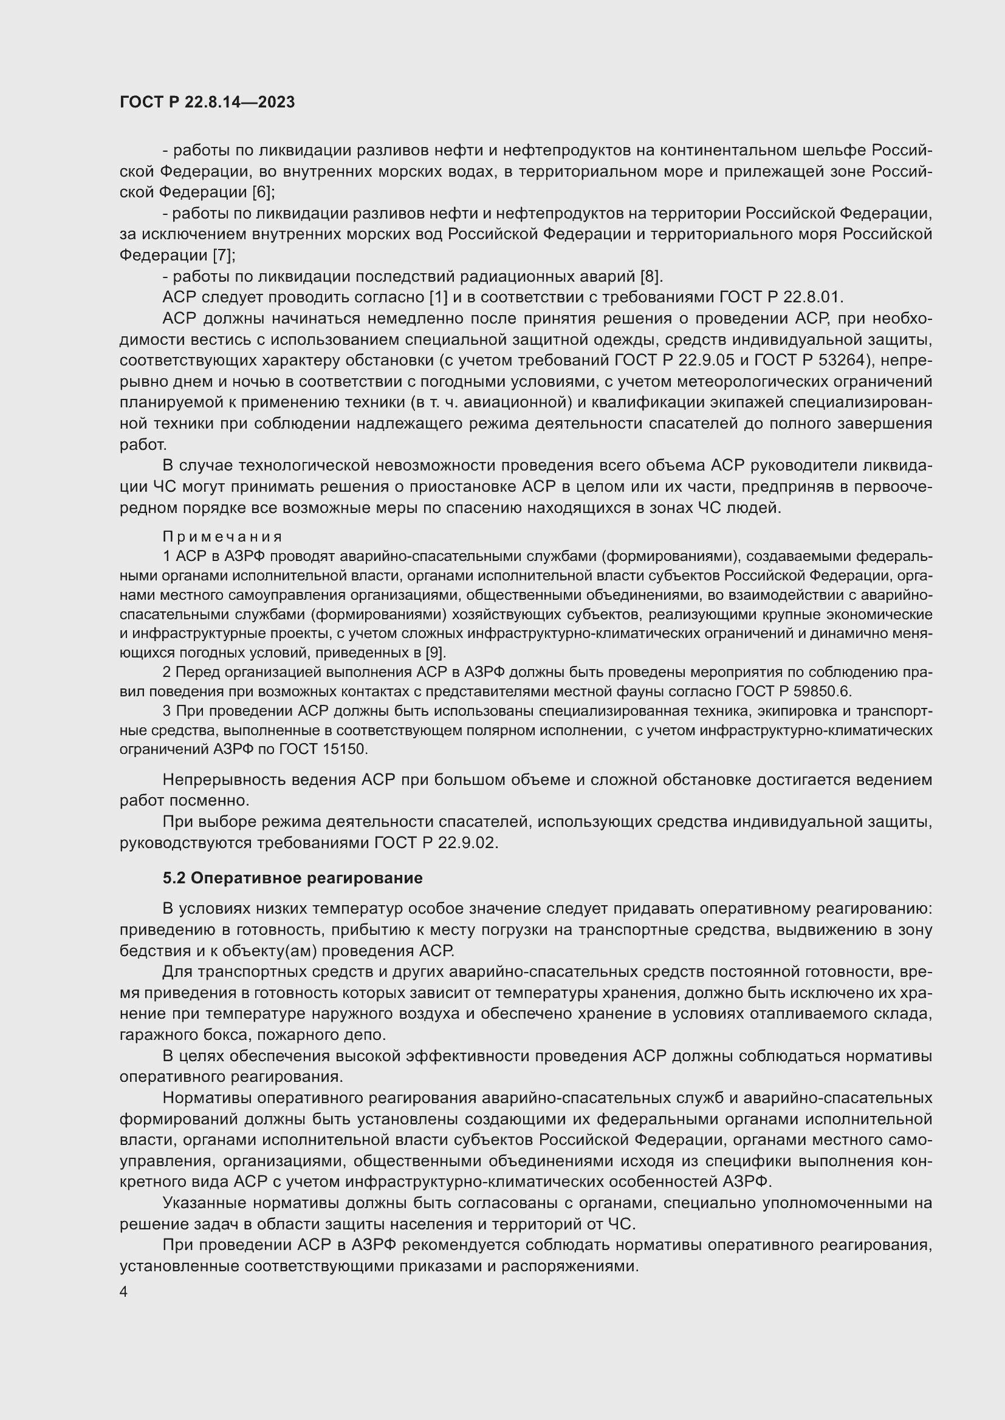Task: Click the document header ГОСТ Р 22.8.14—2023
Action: pyautogui.click(x=207, y=102)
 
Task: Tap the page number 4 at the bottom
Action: pyautogui.click(x=124, y=1293)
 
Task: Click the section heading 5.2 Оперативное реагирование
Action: pyautogui.click(x=293, y=878)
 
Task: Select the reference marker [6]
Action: pyautogui.click(x=262, y=192)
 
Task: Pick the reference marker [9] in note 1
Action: pyautogui.click(x=435, y=653)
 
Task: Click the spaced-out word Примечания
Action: pyautogui.click(x=222, y=536)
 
